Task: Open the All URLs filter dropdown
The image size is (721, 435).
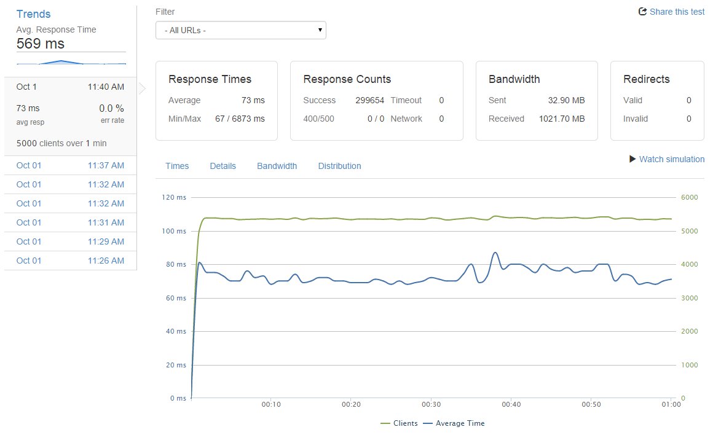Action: coord(240,30)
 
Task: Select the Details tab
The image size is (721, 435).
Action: coord(223,166)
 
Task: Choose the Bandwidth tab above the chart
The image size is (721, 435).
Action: coord(277,166)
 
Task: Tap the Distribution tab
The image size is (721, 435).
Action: coord(339,166)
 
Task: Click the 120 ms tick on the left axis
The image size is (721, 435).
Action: coord(173,198)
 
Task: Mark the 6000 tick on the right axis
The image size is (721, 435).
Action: coord(689,198)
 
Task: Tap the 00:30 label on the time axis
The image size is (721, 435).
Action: coord(431,404)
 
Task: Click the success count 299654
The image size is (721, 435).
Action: coord(370,100)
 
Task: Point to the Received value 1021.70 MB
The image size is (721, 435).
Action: coord(562,119)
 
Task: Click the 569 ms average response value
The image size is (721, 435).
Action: coord(40,44)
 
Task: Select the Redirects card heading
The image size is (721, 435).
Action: coord(646,79)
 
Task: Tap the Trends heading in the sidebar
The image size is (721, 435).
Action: coord(33,14)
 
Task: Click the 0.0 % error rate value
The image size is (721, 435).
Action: coord(111,108)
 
